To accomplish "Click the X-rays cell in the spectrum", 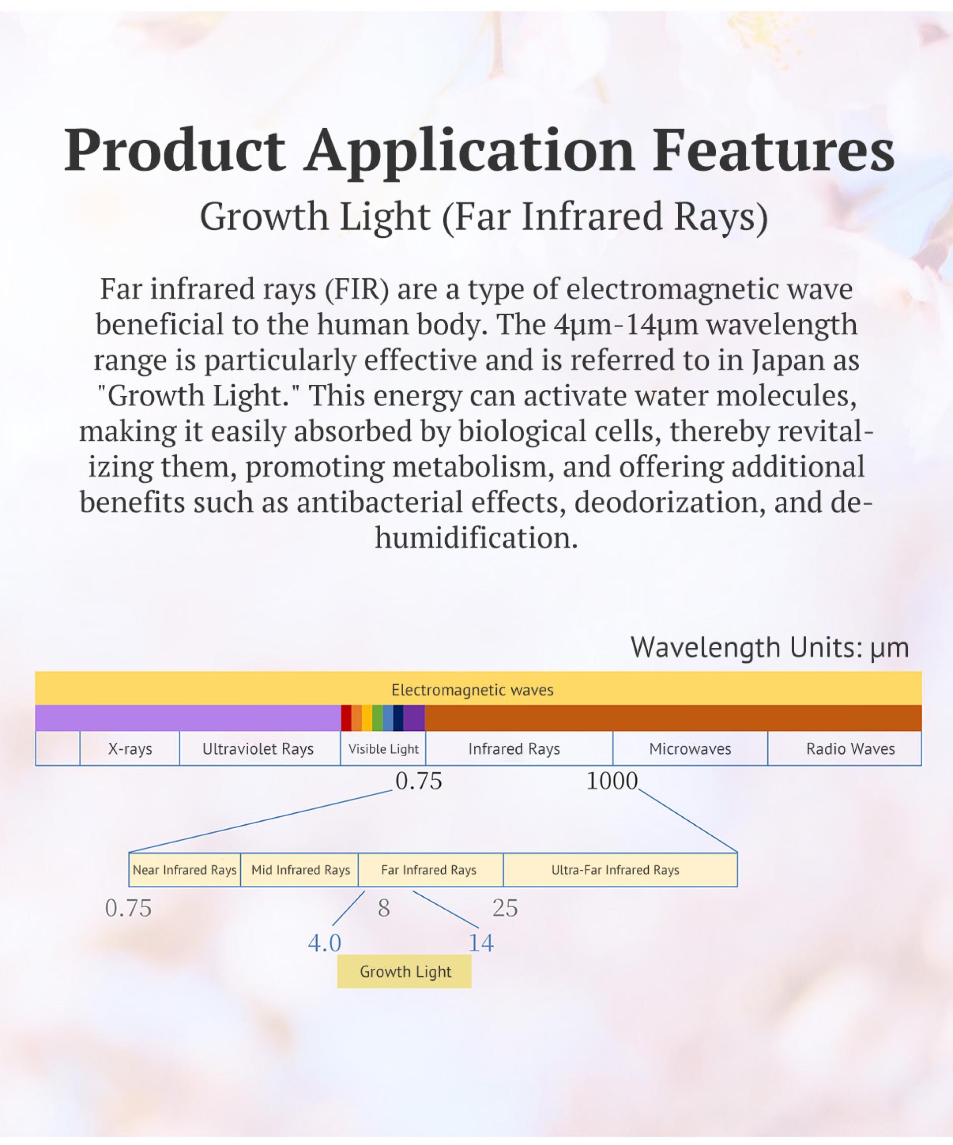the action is pos(130,749).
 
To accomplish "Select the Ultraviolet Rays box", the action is pos(260,749).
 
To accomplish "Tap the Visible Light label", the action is pos(383,749).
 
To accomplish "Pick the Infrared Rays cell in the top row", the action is pos(519,749).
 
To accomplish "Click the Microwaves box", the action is pos(690,749).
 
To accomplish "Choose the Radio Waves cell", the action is pos(844,749).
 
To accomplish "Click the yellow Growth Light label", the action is pos(404,972).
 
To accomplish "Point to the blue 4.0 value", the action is pos(325,943).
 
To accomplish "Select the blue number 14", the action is pos(481,943).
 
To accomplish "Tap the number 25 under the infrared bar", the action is pos(505,908).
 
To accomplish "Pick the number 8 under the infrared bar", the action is pos(384,908).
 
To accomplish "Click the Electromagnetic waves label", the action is pos(472,690).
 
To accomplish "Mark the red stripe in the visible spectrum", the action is pos(345,717).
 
